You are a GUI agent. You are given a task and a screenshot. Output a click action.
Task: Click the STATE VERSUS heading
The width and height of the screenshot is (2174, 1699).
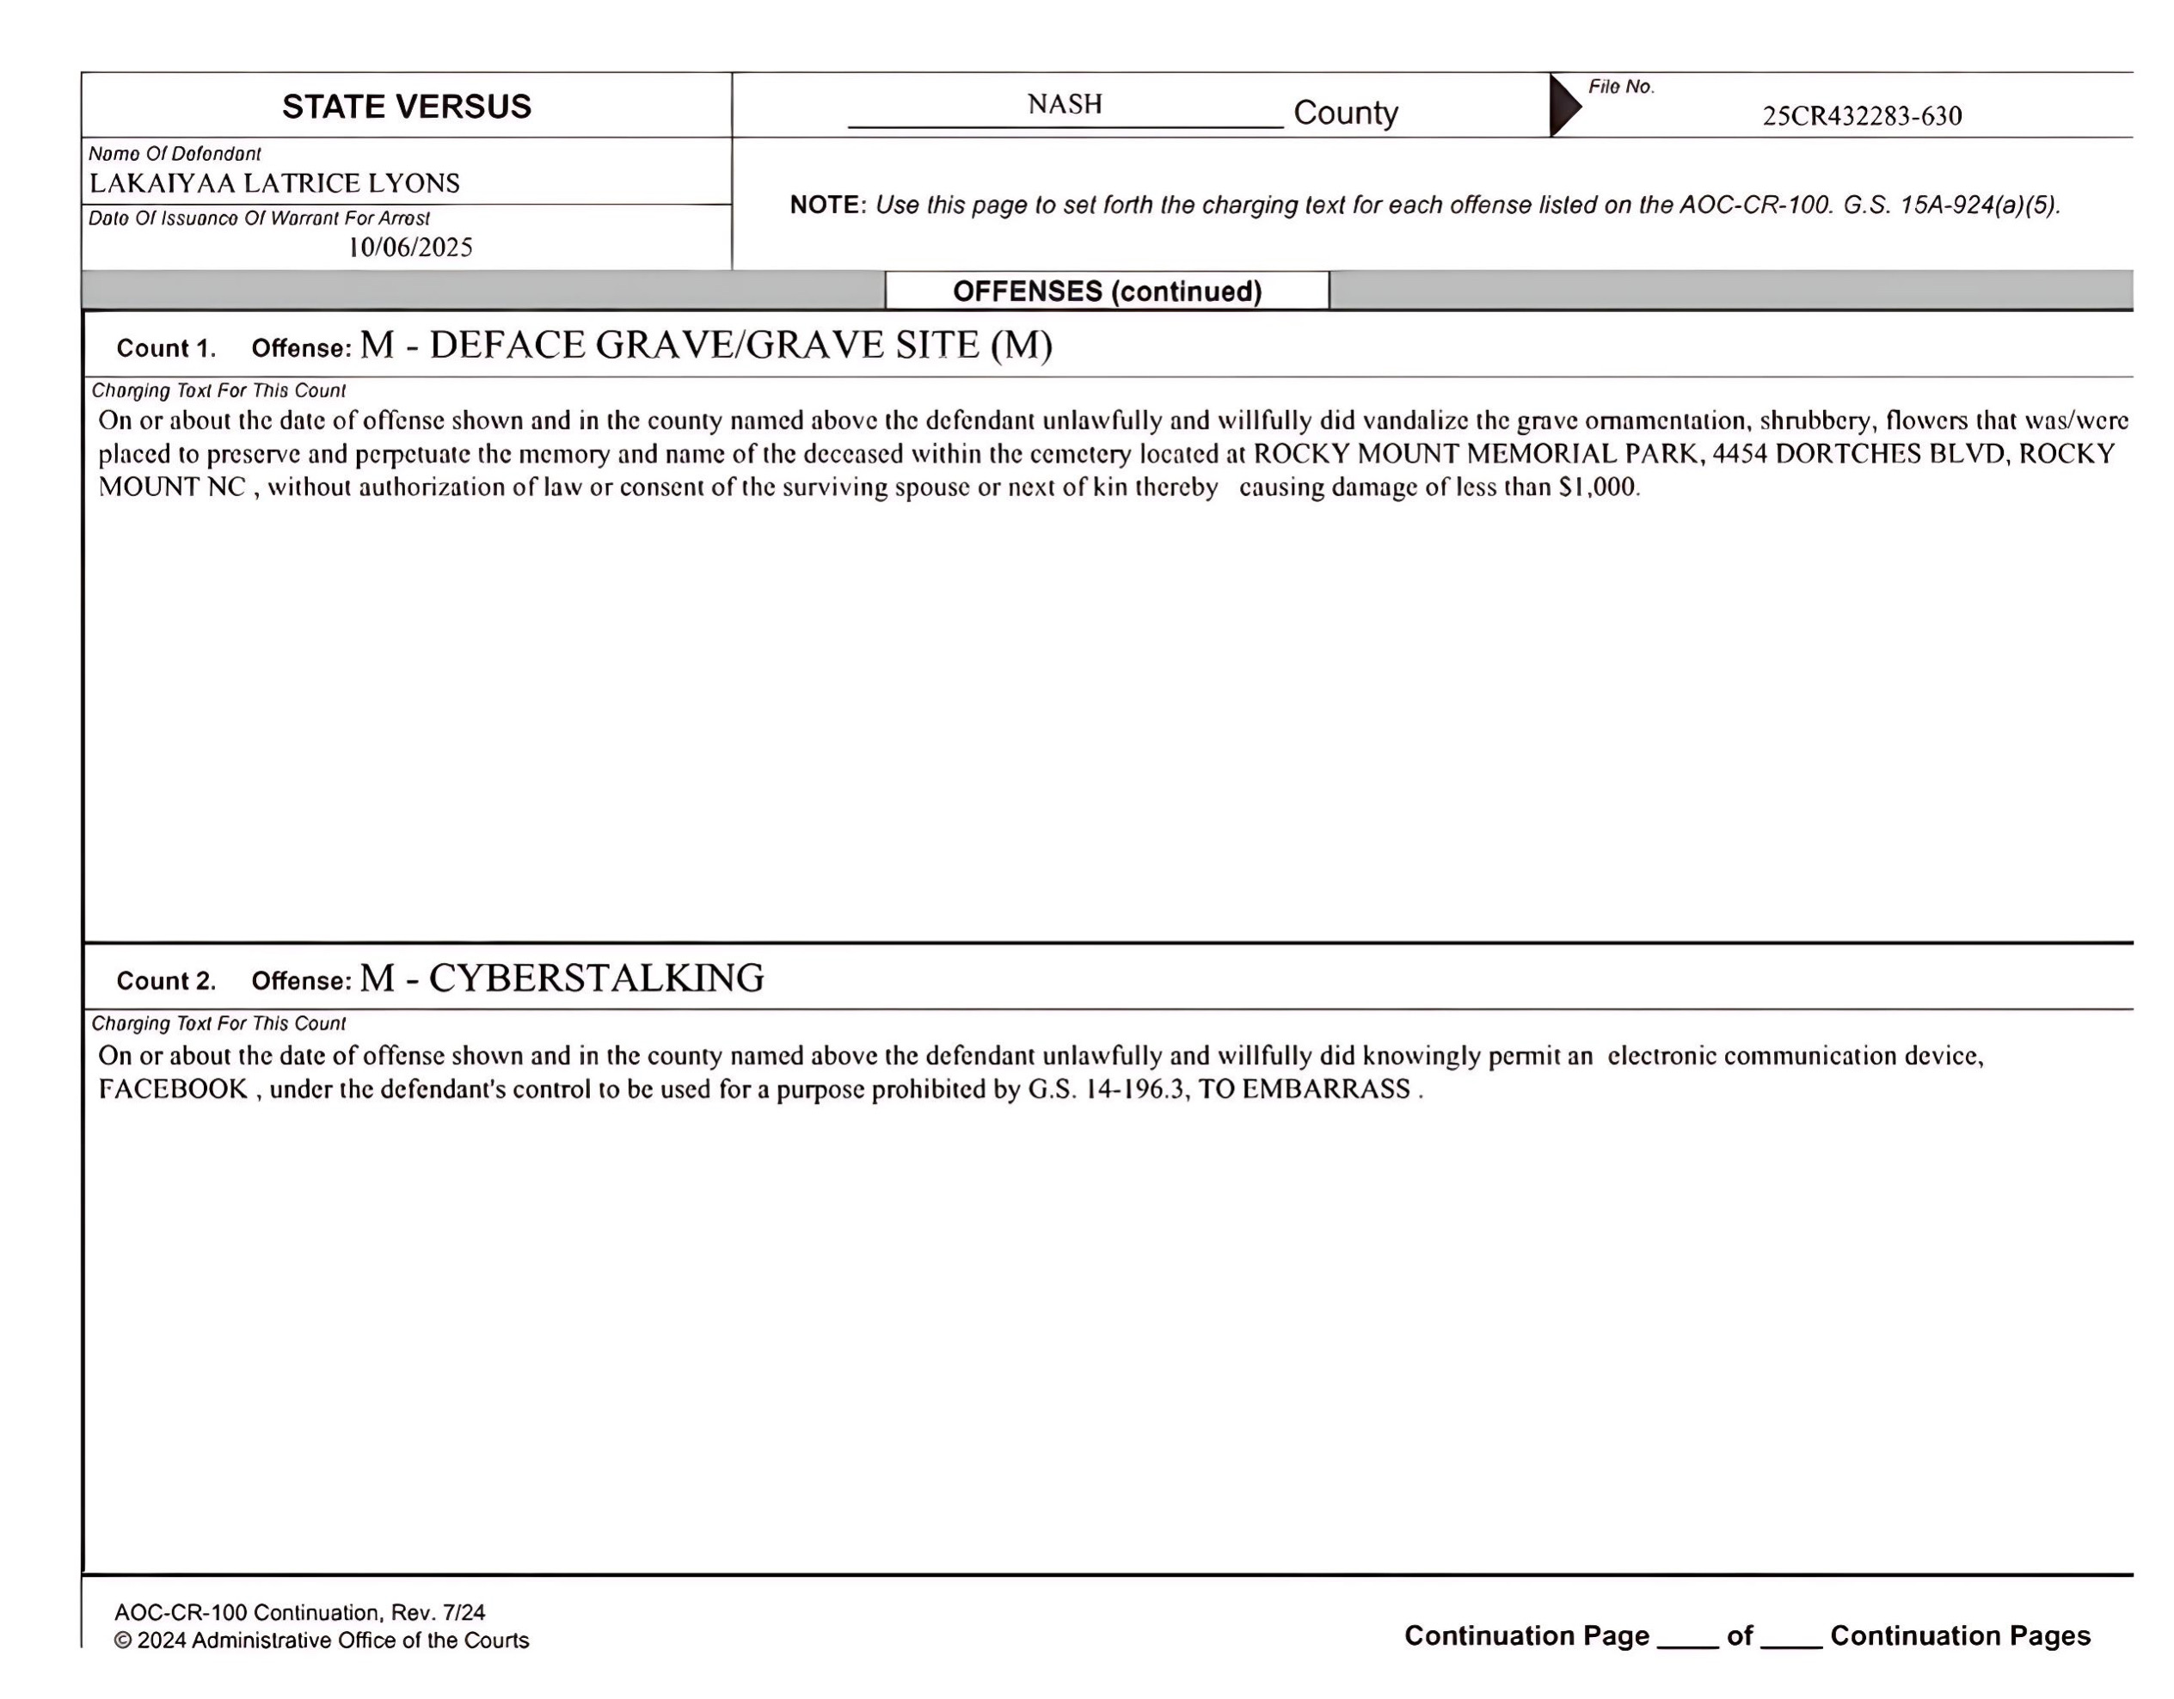(x=406, y=107)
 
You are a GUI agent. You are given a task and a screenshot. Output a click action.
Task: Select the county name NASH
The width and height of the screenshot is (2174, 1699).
(x=1064, y=105)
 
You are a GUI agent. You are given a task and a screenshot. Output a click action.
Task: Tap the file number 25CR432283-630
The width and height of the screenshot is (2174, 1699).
(x=1862, y=116)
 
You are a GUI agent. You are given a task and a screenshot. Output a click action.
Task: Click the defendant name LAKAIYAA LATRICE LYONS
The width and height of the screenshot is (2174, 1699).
(x=274, y=183)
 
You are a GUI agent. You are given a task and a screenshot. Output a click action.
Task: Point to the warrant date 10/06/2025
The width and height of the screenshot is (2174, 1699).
(x=409, y=248)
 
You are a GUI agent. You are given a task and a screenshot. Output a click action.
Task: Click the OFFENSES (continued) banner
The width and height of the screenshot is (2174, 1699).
(x=1107, y=291)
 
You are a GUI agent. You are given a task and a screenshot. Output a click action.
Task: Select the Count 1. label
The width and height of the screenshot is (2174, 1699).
(x=166, y=348)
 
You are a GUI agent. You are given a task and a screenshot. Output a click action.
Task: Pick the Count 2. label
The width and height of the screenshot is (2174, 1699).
(x=166, y=981)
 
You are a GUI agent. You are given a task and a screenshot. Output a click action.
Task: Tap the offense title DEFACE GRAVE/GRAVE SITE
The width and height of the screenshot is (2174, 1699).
(x=706, y=346)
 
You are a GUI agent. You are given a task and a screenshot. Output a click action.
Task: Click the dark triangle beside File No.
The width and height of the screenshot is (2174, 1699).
(x=1563, y=105)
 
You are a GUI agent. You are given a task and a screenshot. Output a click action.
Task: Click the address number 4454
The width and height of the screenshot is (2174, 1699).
(x=1739, y=454)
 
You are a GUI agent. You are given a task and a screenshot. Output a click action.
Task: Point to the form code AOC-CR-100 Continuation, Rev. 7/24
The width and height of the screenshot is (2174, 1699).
(x=299, y=1612)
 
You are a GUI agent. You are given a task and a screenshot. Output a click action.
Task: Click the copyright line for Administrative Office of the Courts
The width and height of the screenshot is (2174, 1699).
(x=322, y=1641)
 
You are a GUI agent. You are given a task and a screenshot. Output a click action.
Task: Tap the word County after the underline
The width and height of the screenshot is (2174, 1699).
(x=1345, y=113)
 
